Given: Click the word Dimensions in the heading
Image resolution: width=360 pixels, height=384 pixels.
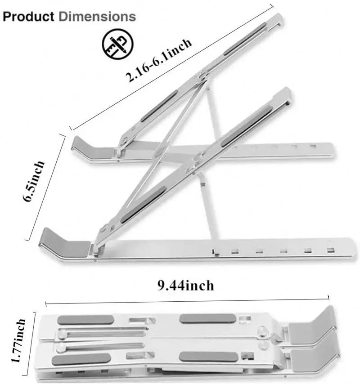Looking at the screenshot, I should click(98, 17).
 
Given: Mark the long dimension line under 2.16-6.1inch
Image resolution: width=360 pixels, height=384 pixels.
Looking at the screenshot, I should click(171, 67).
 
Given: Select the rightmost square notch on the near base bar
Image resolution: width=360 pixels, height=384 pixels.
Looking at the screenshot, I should click(331, 250).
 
